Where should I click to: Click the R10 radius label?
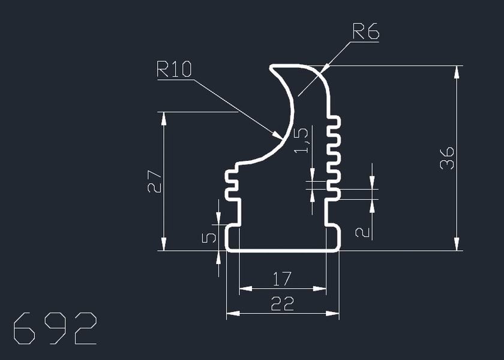[174, 69]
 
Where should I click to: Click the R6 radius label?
[365, 31]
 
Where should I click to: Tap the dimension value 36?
[447, 157]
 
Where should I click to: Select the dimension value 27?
[155, 181]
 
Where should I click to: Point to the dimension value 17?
[282, 279]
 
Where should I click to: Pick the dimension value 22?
[282, 304]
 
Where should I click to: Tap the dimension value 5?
[209, 238]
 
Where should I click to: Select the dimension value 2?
[362, 231]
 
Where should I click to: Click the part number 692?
[55, 328]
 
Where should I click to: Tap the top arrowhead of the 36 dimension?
[457, 71]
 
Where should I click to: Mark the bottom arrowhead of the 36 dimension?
[457, 244]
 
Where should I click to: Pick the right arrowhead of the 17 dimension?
[321, 289]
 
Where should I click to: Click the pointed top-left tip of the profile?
[271, 67]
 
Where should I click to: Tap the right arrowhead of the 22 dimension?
[333, 313]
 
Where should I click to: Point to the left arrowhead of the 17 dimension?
[245, 289]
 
